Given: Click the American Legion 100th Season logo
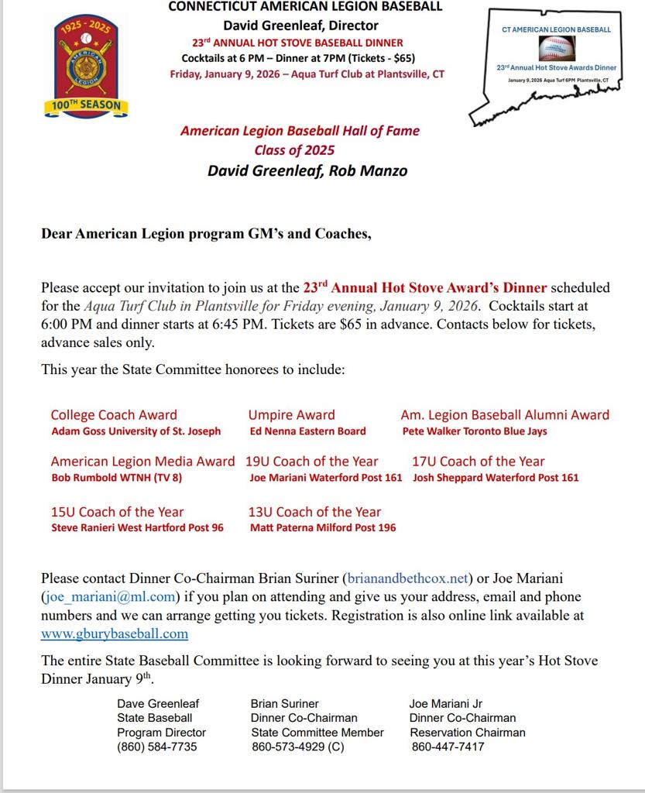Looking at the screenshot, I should click(x=86, y=66).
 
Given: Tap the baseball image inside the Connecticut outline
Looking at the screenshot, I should click(x=556, y=50).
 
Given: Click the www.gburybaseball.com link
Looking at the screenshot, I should click(x=115, y=633).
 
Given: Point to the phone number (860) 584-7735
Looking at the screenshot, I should click(x=157, y=747).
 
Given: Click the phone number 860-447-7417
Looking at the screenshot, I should click(x=448, y=747).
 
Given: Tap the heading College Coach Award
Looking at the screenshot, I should click(x=114, y=415).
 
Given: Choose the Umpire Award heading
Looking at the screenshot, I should click(x=292, y=415).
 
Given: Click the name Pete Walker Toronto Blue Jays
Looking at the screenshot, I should click(x=475, y=431).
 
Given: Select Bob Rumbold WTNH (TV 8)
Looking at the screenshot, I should click(x=117, y=478).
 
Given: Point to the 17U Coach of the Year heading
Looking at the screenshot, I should click(x=479, y=462).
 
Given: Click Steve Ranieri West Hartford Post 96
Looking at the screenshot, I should click(x=137, y=528).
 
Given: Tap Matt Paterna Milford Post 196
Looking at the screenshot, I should click(x=323, y=528).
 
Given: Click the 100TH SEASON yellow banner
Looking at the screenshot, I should click(x=86, y=105).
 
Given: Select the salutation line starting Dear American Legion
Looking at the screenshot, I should click(x=206, y=234).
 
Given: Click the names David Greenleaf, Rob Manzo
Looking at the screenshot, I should click(x=307, y=170).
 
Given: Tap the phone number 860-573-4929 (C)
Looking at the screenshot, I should click(x=298, y=747).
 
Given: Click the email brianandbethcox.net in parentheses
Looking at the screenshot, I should click(x=408, y=578).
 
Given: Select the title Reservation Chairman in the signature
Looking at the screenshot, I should click(x=468, y=732).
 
